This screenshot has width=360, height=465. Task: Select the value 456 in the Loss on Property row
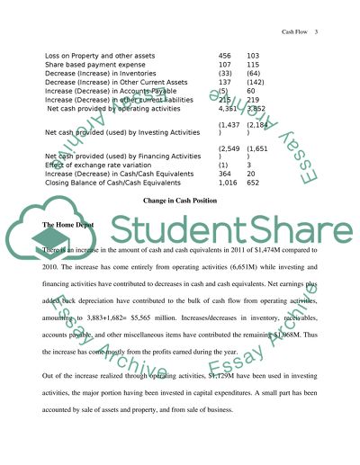[225, 57]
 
